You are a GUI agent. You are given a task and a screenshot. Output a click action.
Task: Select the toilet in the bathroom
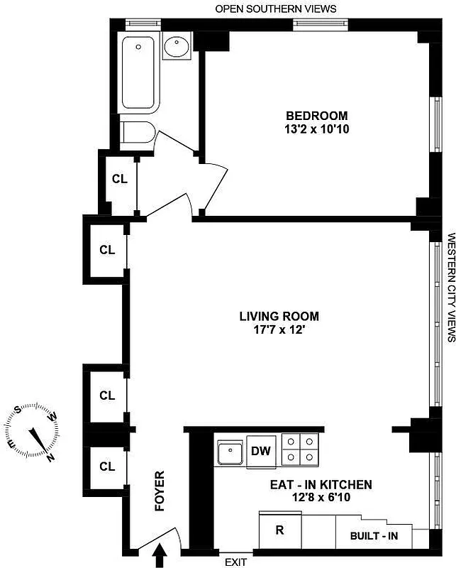click(x=135, y=133)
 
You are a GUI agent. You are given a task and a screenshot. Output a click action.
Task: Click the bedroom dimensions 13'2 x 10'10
click(x=316, y=129)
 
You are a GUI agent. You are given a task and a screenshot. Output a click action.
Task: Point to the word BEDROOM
click(x=316, y=116)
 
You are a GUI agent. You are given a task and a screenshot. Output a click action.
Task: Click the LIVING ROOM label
click(x=279, y=316)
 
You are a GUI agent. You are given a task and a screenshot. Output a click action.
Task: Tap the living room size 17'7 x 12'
click(x=279, y=330)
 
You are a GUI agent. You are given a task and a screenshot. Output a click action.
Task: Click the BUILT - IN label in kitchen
click(x=374, y=535)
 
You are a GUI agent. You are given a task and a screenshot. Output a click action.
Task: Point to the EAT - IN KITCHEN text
click(x=321, y=485)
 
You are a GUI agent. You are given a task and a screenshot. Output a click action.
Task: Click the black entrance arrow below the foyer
click(x=159, y=554)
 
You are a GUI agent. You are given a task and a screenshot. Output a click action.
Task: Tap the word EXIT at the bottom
click(x=236, y=562)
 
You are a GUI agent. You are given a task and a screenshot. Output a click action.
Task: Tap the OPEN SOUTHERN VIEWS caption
click(x=276, y=9)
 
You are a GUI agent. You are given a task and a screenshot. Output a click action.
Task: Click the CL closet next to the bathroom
click(x=119, y=179)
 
